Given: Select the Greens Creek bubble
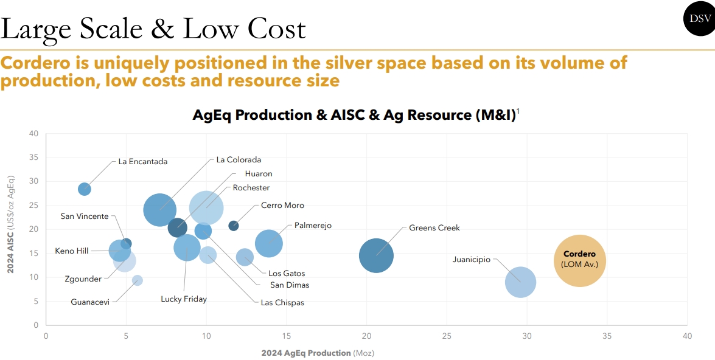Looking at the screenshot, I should tap(376, 255).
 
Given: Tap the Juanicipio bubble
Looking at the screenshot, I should tap(520, 282).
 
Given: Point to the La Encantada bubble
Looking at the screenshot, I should tap(85, 189).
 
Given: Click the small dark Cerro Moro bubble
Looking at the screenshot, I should tap(234, 226).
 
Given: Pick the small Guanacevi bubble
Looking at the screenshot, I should tap(138, 280).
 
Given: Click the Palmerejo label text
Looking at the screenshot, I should tap(313, 226).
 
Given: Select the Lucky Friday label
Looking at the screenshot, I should tap(184, 299).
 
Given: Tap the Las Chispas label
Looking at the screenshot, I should tap(282, 302).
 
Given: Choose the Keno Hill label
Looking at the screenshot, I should tap(72, 251).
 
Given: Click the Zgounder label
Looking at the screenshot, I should tap(83, 279).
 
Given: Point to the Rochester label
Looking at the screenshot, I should tap(251, 188).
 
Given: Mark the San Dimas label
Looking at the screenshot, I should tap(290, 285).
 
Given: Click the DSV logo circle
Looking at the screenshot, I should tap(699, 19).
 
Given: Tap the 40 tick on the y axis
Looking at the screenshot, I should tap(34, 133).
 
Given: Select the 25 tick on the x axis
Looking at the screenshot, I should tap(447, 336).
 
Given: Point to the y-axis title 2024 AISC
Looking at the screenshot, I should tap(10, 229).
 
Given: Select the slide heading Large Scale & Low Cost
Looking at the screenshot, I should tap(153, 29).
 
